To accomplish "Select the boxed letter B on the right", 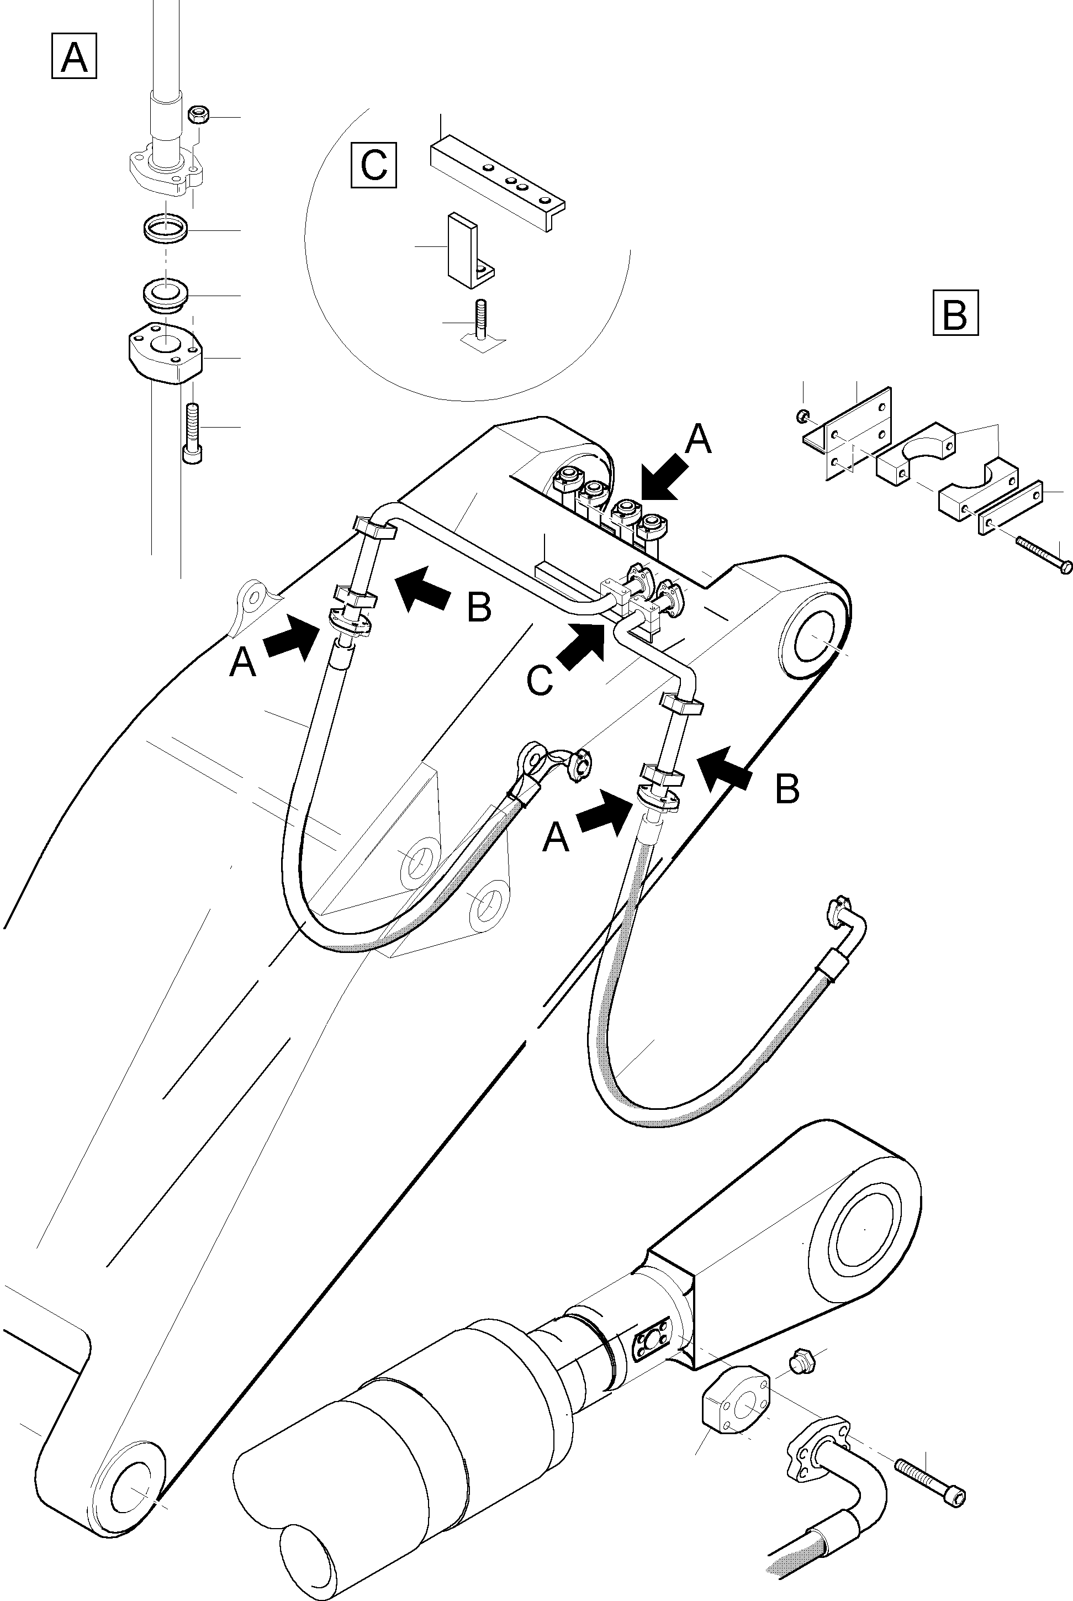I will point(955,313).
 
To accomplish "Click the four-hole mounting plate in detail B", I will point(858,432).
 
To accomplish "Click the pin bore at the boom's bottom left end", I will point(129,1487).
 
